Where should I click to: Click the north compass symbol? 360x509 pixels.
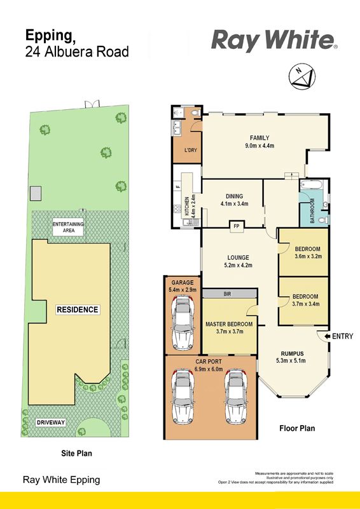coord(302,77)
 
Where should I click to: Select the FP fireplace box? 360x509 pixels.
coord(237,226)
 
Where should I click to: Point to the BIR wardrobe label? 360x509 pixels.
coord(228,294)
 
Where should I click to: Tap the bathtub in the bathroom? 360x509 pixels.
coord(311,185)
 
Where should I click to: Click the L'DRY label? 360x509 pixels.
coord(191,151)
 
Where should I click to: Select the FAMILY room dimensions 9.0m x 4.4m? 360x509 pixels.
coord(260,146)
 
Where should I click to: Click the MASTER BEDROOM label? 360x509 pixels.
coord(229,324)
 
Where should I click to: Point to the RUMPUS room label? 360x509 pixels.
coord(293,353)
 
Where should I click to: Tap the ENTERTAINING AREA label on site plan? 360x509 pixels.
coord(68,227)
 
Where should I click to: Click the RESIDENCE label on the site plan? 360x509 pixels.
coord(78,309)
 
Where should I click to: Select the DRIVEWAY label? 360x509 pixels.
coord(51,423)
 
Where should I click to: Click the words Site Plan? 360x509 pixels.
coord(77,453)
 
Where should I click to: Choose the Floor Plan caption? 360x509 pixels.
coord(297,428)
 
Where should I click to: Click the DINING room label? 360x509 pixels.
coord(234,196)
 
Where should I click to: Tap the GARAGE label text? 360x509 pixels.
coord(183,283)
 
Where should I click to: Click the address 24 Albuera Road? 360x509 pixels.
coord(77,52)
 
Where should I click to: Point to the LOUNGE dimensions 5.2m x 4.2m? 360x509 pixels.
coord(238,265)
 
